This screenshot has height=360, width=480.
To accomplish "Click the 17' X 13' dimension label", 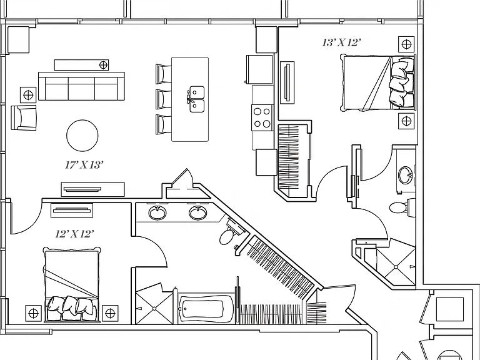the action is (83, 165).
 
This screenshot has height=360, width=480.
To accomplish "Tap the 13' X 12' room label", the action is (340, 42).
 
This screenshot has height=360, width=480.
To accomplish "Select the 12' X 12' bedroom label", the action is (74, 234).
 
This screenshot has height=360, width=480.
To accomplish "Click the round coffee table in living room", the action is (82, 135).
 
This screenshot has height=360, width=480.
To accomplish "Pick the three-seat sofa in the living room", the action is (81, 86).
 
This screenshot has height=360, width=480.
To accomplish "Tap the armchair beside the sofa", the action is (24, 117).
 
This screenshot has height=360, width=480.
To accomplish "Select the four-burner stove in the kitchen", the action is (262, 118).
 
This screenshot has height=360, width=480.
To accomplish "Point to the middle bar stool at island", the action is (164, 99).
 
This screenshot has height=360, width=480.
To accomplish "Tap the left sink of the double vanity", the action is (157, 212).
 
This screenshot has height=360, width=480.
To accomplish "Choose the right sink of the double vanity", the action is (197, 212).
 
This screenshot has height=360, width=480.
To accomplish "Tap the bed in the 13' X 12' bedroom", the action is (378, 82).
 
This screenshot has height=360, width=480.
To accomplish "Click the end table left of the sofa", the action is (28, 95).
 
